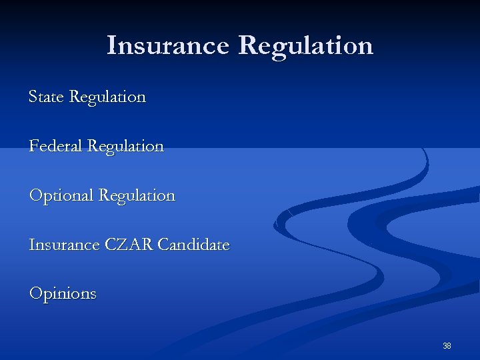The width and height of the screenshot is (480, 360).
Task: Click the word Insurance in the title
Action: [167, 46]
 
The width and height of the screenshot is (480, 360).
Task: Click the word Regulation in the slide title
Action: [305, 46]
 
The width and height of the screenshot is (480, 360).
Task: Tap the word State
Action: [46, 97]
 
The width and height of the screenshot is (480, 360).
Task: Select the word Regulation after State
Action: [107, 97]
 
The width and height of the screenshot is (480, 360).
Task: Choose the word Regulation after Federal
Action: [125, 147]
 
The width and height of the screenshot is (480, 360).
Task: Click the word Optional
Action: [61, 196]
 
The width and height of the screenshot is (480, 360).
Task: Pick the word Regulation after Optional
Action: [137, 196]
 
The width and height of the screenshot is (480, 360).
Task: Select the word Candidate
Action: [193, 245]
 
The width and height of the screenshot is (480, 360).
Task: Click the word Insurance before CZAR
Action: [64, 245]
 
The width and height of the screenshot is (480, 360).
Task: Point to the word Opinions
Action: [63, 294]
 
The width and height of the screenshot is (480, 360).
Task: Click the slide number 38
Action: [447, 346]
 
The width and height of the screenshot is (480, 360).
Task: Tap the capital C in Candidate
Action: [163, 245]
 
